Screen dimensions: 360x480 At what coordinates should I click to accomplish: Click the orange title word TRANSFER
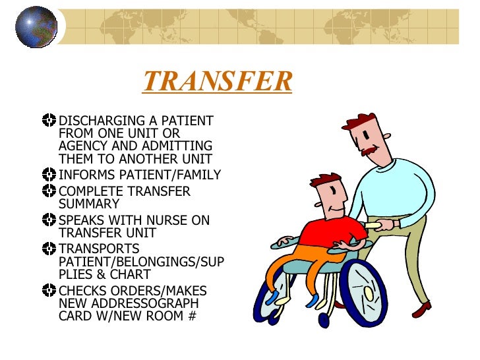(217, 82)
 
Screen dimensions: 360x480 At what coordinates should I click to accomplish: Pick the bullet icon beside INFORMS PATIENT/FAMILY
(48, 175)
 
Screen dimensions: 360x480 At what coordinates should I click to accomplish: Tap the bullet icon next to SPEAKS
(48, 220)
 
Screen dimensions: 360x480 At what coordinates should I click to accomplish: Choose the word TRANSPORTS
(99, 249)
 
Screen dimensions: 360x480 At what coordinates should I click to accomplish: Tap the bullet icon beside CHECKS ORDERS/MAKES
(48, 291)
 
